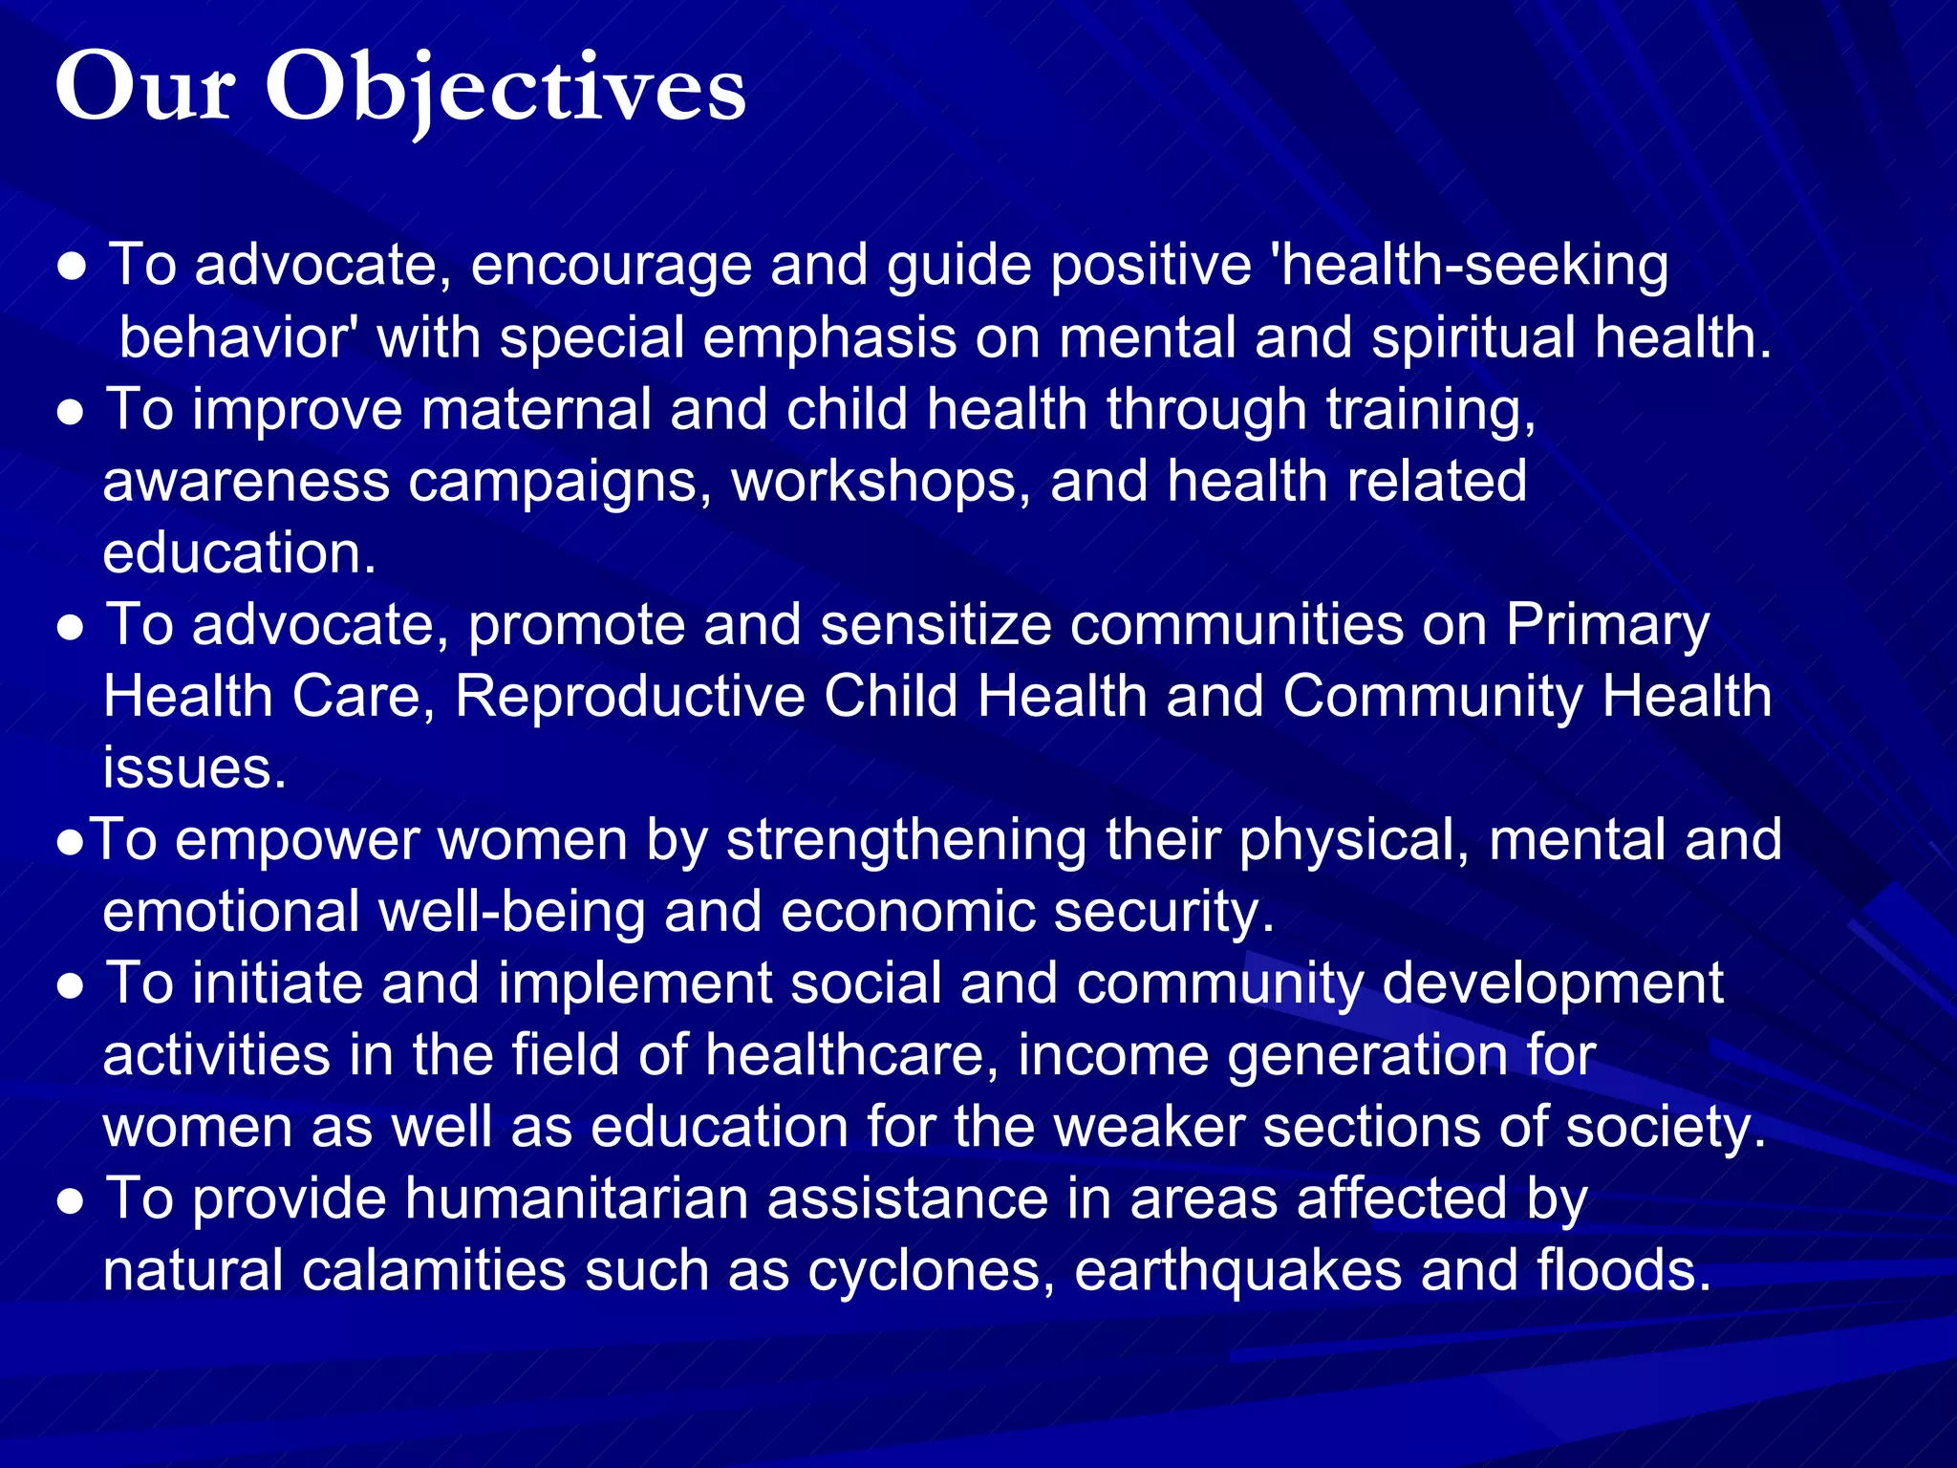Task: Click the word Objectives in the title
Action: point(505,88)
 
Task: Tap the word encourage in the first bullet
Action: point(611,266)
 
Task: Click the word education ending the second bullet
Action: point(239,553)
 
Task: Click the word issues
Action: point(195,768)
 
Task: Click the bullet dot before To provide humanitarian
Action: point(72,1203)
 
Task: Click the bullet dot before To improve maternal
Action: point(72,414)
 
